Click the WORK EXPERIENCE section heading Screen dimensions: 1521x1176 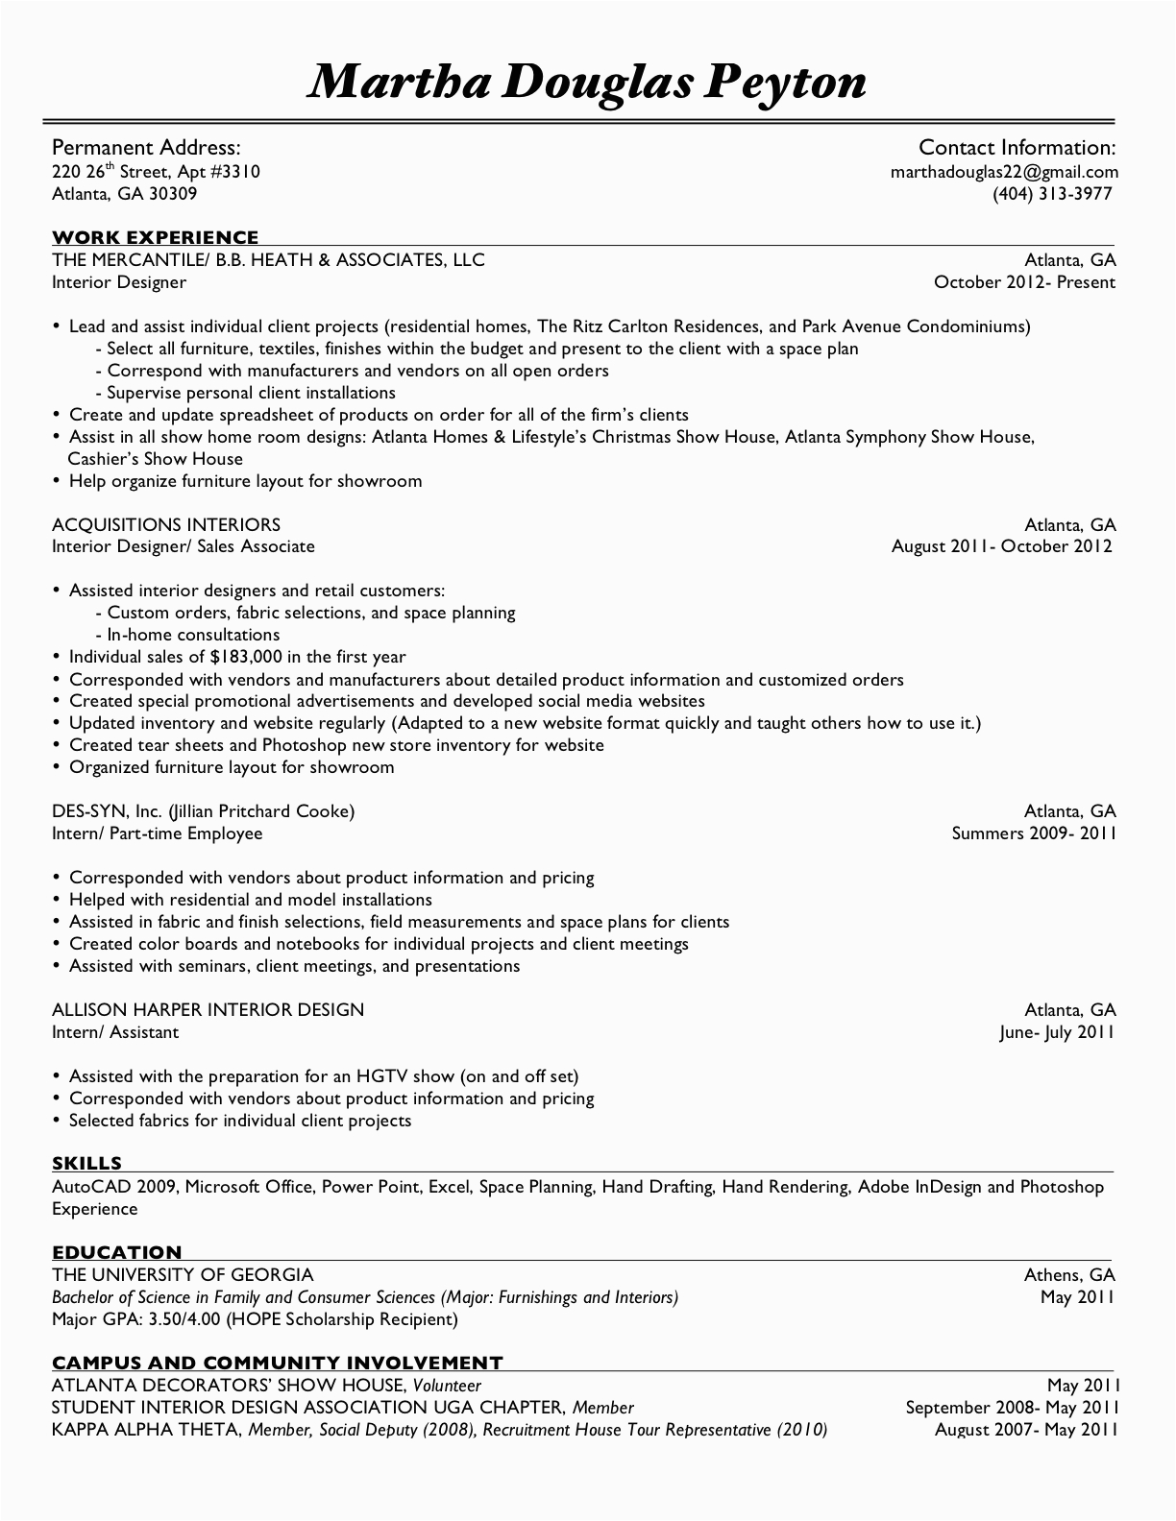(x=155, y=237)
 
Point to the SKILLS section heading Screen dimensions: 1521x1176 (x=86, y=1164)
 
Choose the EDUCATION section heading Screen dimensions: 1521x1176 (x=116, y=1252)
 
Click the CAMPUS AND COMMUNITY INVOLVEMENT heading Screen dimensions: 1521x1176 (x=277, y=1363)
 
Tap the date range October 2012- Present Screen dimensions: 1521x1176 (x=1024, y=282)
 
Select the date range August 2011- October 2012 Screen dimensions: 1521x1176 (x=1001, y=546)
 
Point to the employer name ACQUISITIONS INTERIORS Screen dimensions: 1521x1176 (x=166, y=524)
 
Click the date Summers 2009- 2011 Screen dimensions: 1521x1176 (x=1033, y=833)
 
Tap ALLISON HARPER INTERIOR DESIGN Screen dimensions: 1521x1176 (x=208, y=1010)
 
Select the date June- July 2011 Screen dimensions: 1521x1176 (x=1057, y=1032)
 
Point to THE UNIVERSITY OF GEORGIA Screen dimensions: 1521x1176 (x=183, y=1275)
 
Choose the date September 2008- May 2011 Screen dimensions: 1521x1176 (x=1011, y=1408)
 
